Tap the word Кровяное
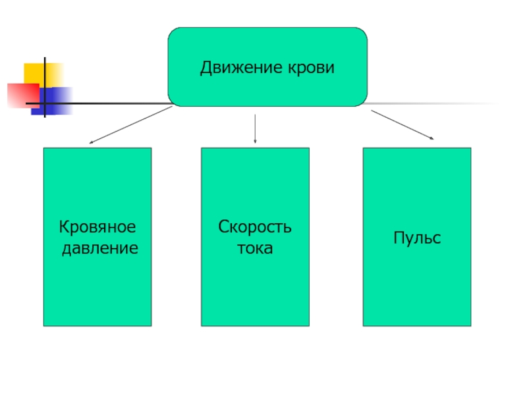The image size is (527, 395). click(x=97, y=228)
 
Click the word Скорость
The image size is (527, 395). click(x=255, y=228)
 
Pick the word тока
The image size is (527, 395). click(x=255, y=249)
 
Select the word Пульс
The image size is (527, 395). click(x=417, y=238)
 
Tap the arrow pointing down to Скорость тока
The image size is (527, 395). click(x=255, y=128)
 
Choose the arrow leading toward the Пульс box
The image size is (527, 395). click(x=402, y=125)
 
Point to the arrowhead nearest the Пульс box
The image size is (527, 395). click(x=431, y=138)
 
